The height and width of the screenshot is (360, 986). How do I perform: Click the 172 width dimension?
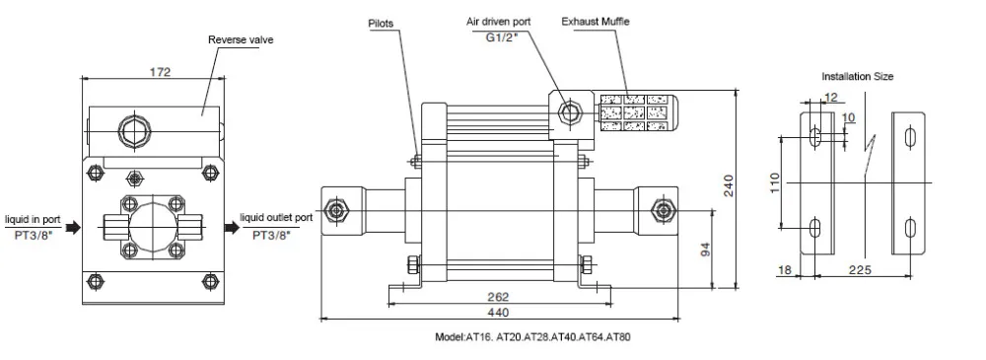click(x=160, y=72)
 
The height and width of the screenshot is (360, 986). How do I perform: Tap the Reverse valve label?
click(x=241, y=39)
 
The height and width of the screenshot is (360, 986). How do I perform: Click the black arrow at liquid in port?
click(x=73, y=227)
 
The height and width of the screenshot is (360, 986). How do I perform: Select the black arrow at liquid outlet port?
click(x=231, y=227)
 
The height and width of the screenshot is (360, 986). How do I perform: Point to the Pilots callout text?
click(x=381, y=24)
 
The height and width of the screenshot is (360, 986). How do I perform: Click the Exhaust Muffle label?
click(x=595, y=22)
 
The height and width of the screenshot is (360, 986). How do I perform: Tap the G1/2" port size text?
click(x=501, y=36)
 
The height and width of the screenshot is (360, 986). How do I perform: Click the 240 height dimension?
click(x=729, y=185)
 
